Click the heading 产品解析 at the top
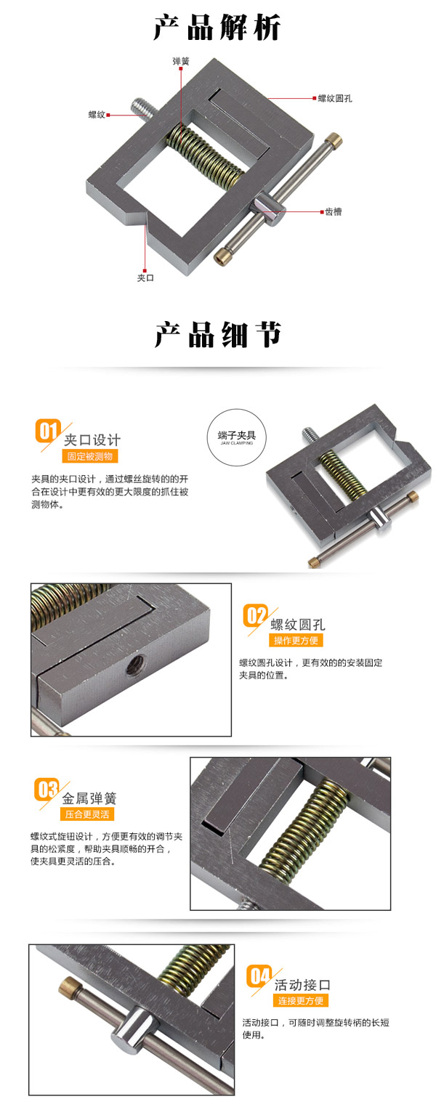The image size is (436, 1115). tap(217, 28)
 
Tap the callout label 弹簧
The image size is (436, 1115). tap(181, 61)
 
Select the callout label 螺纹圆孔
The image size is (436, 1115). tap(335, 99)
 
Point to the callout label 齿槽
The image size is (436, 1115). tap(334, 211)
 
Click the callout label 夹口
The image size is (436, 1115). tap(146, 277)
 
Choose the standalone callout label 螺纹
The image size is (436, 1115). tap(97, 115)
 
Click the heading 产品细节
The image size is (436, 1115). tap(217, 334)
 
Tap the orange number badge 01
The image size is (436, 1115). tap(47, 431)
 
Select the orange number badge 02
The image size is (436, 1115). tap(255, 615)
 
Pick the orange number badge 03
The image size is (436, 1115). tap(47, 790)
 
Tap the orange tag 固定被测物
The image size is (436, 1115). tap(90, 456)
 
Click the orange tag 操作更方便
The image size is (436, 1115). tap(296, 641)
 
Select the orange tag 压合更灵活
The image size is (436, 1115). tap(87, 815)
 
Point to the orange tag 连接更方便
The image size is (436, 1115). tap(301, 1001)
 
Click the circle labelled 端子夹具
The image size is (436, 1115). tap(236, 437)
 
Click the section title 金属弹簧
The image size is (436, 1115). tap(89, 798)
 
